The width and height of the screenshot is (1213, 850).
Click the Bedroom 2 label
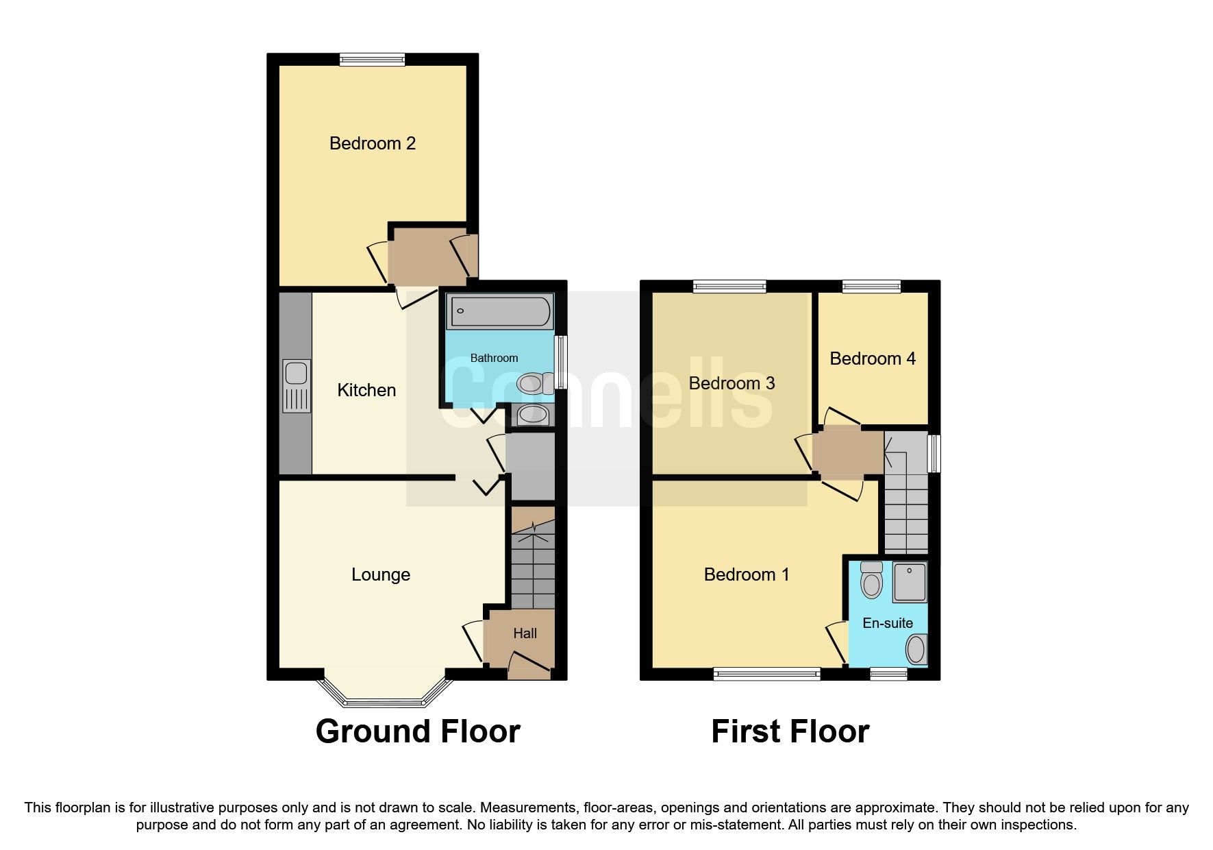[x=372, y=143]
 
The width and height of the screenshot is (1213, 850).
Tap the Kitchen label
[x=366, y=390]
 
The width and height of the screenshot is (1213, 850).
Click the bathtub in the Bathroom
[x=500, y=311]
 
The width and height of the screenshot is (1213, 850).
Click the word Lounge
[x=380, y=574]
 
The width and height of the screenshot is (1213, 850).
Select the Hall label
[x=525, y=633]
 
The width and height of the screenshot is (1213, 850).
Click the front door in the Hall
[x=530, y=665]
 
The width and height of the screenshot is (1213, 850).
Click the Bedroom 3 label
[x=731, y=383]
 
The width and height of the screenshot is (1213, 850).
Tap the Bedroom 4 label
[x=872, y=359]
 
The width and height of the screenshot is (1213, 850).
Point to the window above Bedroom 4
[x=871, y=287]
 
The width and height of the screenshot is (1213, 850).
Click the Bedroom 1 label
[x=746, y=574]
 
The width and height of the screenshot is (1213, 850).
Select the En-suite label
[x=887, y=623]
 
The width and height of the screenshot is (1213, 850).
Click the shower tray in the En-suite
[x=909, y=582]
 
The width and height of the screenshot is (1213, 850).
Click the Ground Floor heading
[x=417, y=731]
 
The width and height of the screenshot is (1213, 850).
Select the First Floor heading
[x=790, y=731]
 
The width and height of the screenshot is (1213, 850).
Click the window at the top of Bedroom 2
[x=372, y=60]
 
